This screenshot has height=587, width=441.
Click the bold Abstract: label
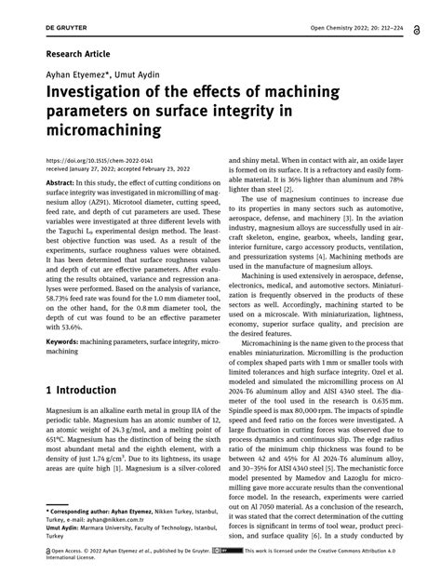tap(61, 184)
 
